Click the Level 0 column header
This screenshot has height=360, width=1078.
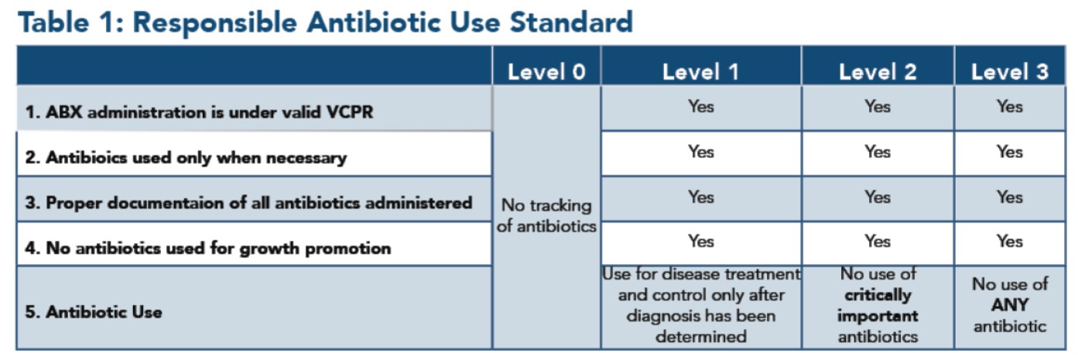[546, 72]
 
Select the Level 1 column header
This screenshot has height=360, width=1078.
[700, 72]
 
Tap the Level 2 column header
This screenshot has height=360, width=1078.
[878, 72]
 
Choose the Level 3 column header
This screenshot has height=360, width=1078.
[1010, 72]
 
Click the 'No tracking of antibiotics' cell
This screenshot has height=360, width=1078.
[546, 216]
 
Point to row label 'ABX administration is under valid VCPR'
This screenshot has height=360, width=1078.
[199, 112]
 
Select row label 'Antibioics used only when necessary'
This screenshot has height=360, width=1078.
[186, 158]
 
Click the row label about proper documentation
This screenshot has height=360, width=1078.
[248, 203]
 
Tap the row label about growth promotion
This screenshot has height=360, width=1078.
[208, 249]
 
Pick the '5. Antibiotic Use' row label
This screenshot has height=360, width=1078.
[94, 312]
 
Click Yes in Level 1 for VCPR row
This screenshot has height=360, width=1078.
[700, 106]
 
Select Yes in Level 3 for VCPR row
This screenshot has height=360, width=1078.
[1010, 106]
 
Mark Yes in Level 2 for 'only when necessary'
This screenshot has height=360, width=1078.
[878, 152]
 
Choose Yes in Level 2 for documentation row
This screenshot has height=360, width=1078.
[878, 197]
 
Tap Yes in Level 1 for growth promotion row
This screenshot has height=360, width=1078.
[700, 241]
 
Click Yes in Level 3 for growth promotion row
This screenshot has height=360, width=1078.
[1010, 241]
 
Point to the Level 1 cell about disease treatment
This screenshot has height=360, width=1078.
[701, 305]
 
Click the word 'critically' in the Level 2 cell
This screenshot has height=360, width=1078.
[878, 295]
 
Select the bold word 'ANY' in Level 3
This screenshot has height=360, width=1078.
[1010, 305]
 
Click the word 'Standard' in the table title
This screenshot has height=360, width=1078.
[571, 22]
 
